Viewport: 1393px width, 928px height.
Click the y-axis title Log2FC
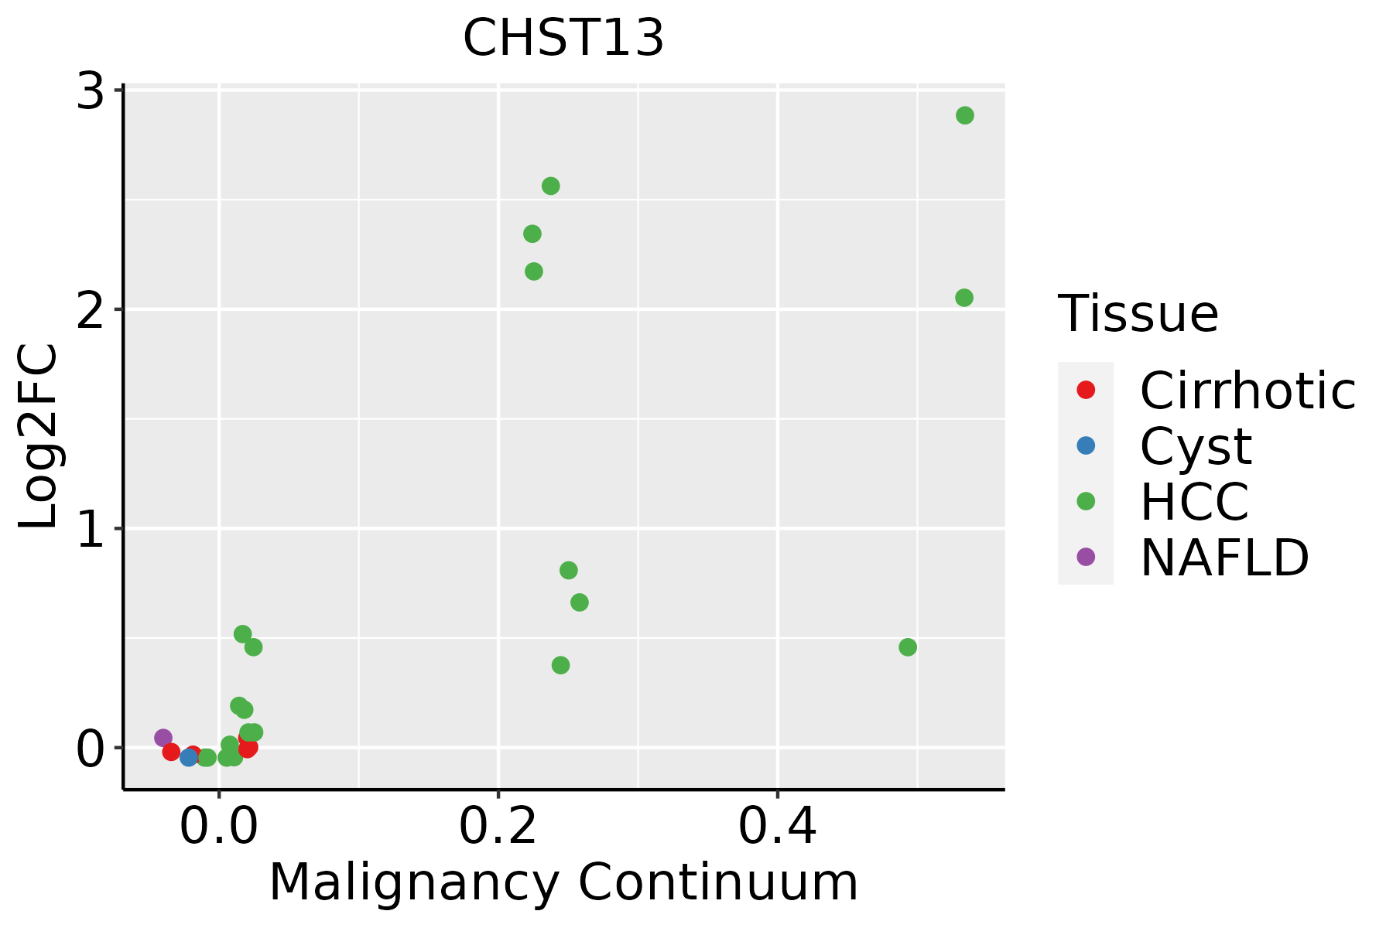tap(39, 437)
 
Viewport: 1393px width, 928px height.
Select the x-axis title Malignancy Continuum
tap(563, 883)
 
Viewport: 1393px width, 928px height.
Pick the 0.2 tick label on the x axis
tap(498, 827)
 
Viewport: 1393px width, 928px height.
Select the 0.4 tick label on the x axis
tap(777, 827)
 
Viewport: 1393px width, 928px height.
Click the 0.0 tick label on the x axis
tap(219, 827)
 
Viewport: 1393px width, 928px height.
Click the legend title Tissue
tap(1138, 314)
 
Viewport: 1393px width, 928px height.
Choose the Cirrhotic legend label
tap(1248, 391)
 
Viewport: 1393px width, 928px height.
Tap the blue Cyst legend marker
tap(1086, 445)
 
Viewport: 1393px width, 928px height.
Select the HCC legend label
tap(1194, 502)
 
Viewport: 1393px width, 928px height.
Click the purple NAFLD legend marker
tap(1086, 556)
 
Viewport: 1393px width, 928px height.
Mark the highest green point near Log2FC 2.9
tap(964, 115)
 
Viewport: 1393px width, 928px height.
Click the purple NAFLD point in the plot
tap(163, 738)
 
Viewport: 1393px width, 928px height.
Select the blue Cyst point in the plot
tap(189, 757)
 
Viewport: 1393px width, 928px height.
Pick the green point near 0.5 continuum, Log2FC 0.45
tap(908, 647)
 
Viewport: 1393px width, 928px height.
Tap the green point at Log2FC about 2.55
tap(551, 186)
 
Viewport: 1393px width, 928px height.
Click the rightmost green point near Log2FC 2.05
tap(964, 298)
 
